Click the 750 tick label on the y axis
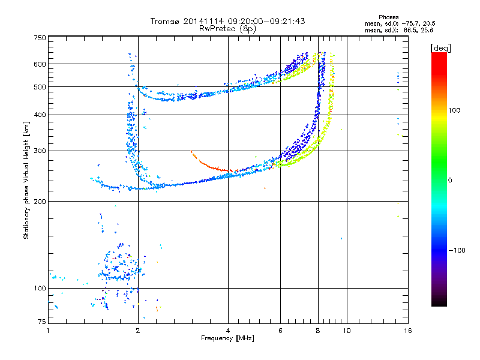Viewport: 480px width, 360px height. (x=40, y=38)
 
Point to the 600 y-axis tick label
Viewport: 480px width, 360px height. (x=40, y=64)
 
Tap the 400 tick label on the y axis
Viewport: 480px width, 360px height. (x=40, y=115)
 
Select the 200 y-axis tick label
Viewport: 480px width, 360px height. (x=40, y=202)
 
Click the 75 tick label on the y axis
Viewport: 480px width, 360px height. (x=41, y=322)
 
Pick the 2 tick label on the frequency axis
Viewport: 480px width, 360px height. (x=138, y=331)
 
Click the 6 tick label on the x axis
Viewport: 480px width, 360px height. (x=280, y=331)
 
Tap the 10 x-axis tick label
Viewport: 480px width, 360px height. (x=347, y=331)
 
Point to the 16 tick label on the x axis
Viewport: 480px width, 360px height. (x=408, y=331)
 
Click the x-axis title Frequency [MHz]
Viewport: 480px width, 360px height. (x=227, y=338)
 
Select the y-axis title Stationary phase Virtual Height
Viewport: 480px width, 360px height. (x=26, y=181)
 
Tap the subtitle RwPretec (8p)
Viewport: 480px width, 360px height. (x=227, y=29)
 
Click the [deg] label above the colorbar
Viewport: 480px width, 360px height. (x=440, y=49)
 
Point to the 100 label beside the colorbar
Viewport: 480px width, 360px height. (x=454, y=110)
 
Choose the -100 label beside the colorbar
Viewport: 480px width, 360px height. (x=457, y=250)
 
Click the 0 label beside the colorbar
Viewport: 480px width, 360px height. (x=450, y=181)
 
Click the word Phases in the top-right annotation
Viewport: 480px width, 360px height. (x=388, y=17)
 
